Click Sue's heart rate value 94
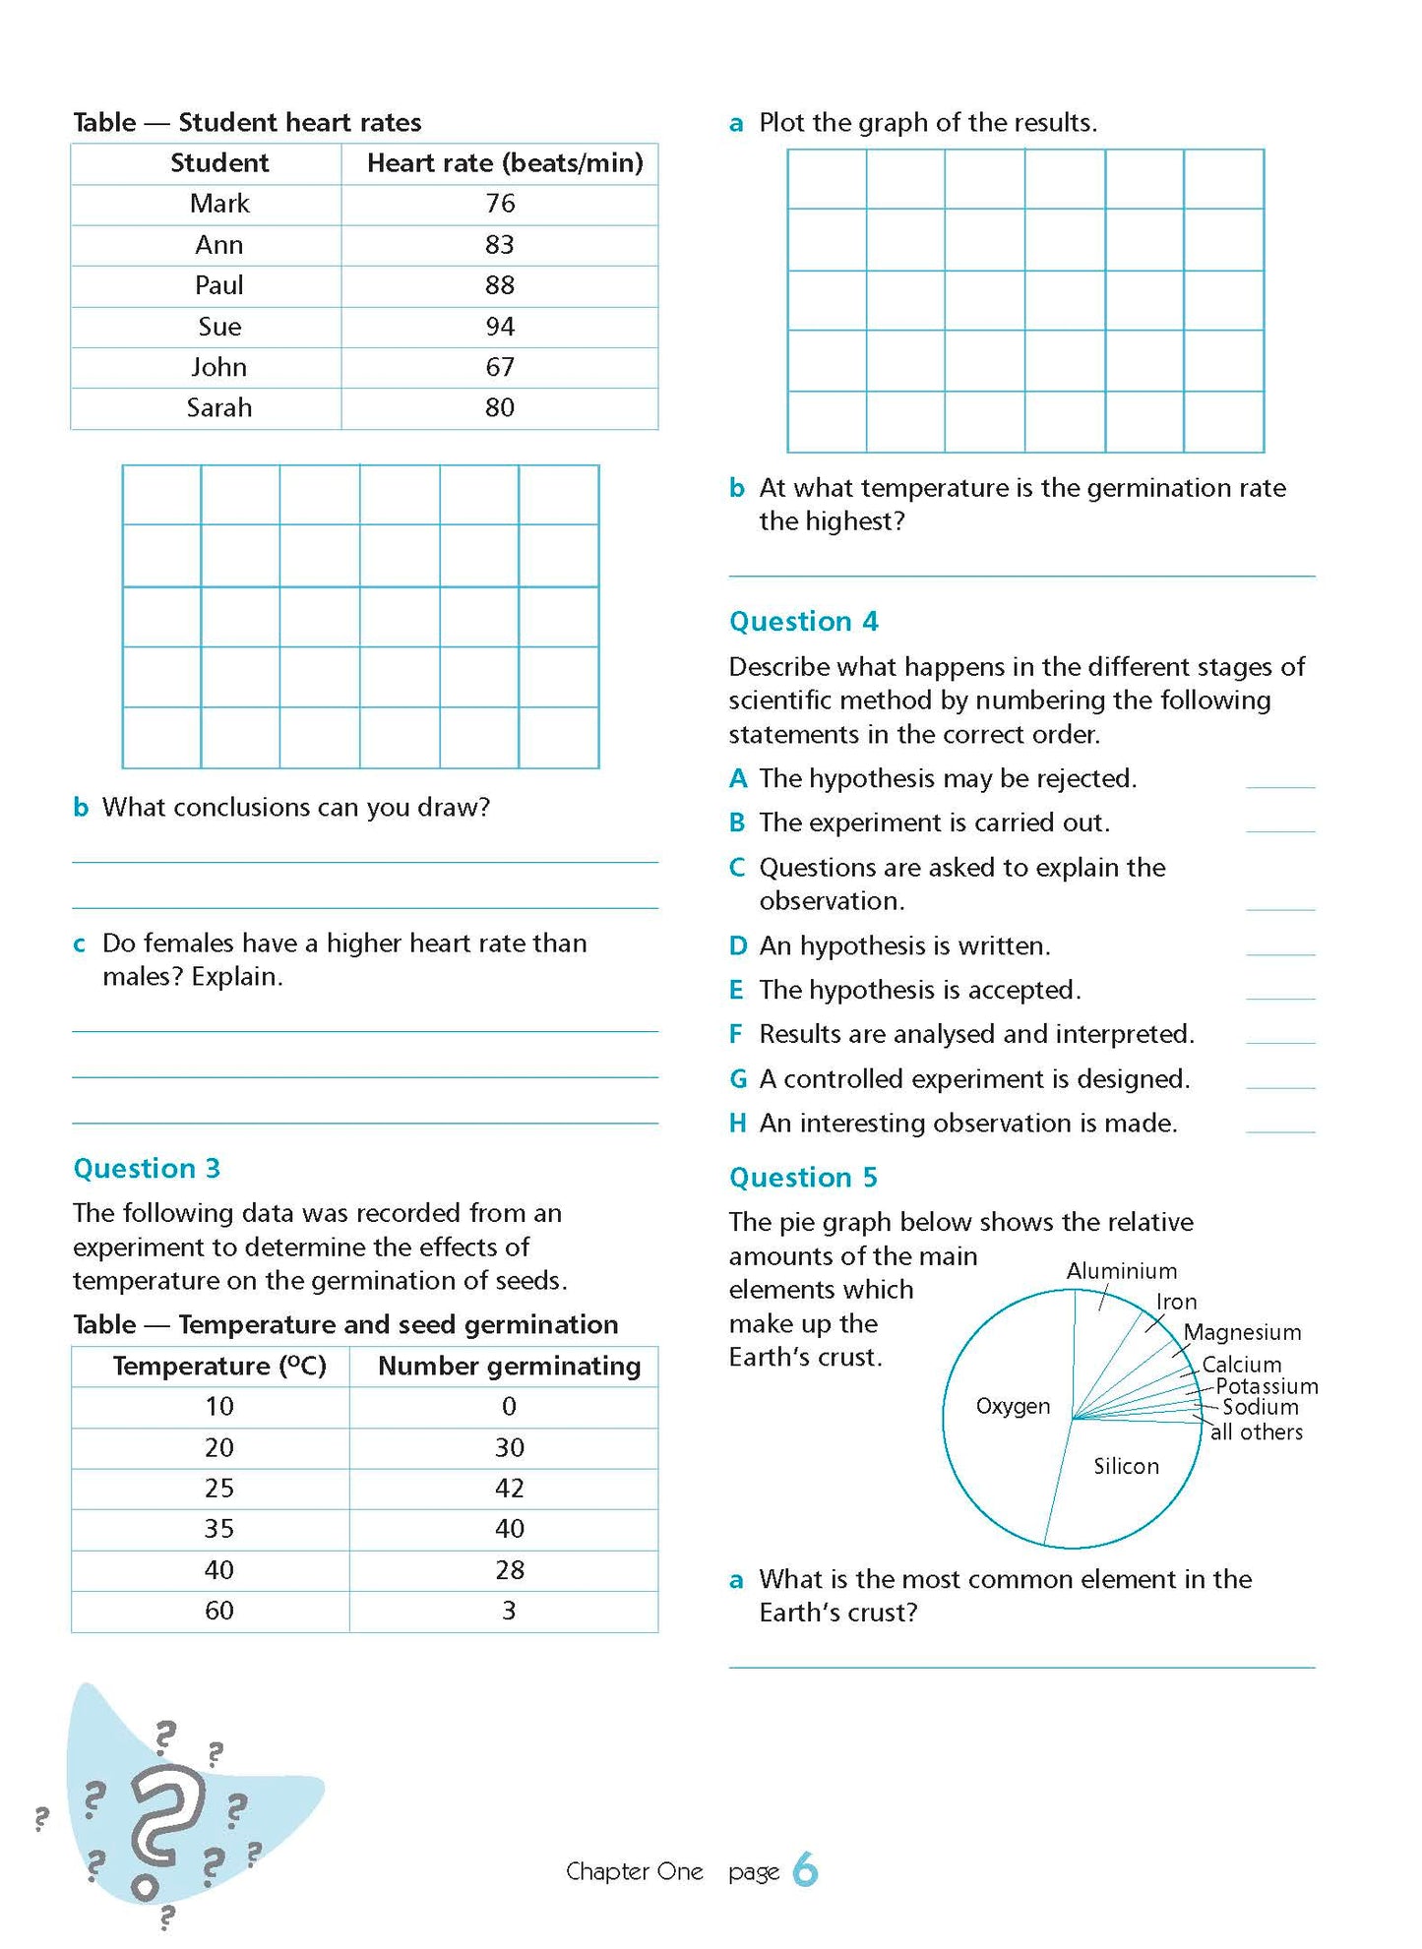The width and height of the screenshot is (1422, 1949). [x=499, y=327]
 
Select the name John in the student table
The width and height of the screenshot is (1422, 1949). [x=218, y=367]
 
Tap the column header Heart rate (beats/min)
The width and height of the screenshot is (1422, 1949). [x=504, y=163]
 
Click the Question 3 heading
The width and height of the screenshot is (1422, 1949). [x=147, y=1168]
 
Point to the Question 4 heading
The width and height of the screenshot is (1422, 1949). [x=803, y=622]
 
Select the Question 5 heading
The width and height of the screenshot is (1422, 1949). [x=803, y=1178]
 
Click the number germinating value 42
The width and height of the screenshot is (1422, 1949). [x=509, y=1488]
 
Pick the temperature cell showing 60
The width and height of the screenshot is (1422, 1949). [x=218, y=1611]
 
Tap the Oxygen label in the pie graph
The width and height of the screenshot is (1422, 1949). [x=1013, y=1406]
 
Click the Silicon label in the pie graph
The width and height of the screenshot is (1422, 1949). [x=1126, y=1466]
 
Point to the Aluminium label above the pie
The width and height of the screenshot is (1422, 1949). [x=1121, y=1271]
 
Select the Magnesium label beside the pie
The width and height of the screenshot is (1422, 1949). [x=1242, y=1332]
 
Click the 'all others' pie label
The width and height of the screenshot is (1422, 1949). [x=1257, y=1432]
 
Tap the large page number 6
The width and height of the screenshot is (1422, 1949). [x=805, y=1869]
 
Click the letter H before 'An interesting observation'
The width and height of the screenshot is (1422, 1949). [x=737, y=1124]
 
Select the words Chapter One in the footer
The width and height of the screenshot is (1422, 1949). [x=634, y=1871]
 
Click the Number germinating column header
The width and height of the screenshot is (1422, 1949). [x=509, y=1366]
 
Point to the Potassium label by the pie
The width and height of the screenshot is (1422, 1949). [x=1267, y=1386]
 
